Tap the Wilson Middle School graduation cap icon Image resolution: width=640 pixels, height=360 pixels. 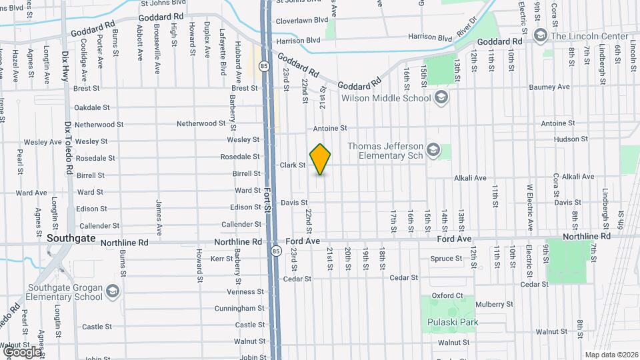click(x=441, y=98)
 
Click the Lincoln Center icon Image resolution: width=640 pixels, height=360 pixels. click(x=540, y=35)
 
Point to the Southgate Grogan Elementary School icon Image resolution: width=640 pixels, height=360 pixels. click(x=113, y=291)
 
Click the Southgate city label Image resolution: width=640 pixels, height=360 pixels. click(x=71, y=238)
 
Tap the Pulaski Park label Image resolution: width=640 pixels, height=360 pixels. click(x=453, y=323)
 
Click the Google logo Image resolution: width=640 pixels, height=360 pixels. click(x=23, y=351)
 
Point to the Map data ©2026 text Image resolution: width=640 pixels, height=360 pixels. click(x=611, y=355)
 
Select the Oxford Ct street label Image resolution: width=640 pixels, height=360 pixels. click(x=447, y=295)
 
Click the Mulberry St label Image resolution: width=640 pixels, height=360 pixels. click(x=492, y=304)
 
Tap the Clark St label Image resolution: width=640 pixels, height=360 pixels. click(x=292, y=165)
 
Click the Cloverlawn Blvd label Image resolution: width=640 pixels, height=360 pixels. click(x=302, y=21)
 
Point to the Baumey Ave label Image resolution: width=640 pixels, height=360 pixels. click(x=549, y=87)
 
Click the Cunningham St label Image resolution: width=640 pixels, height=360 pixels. click(x=240, y=309)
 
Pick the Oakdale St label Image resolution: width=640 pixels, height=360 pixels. click(x=92, y=107)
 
